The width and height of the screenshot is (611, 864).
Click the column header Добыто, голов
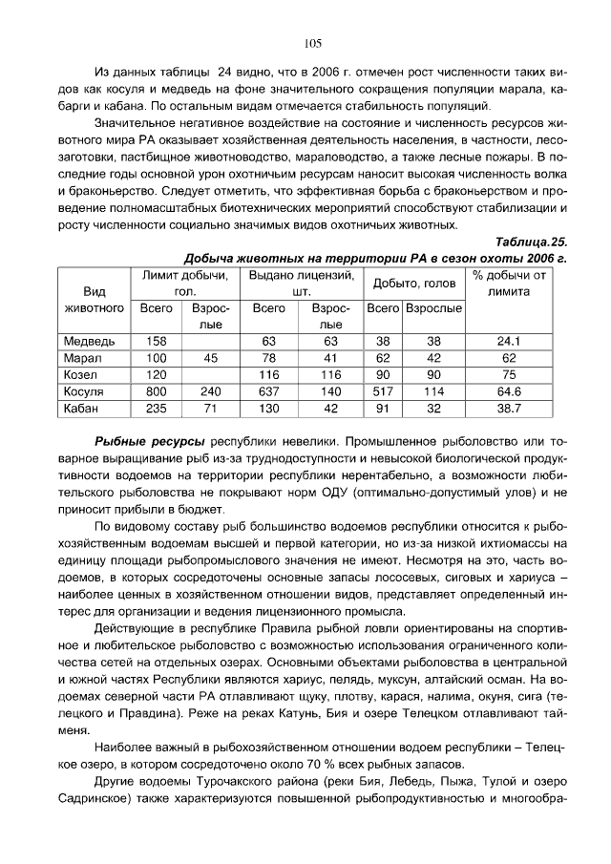coord(414,284)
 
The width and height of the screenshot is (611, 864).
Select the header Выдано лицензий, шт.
coord(301,284)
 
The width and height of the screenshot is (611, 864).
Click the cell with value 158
coord(156,341)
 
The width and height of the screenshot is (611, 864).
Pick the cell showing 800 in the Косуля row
coord(156,391)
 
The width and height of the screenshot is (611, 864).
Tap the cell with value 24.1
coord(509,341)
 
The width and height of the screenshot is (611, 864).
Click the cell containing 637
coord(268,391)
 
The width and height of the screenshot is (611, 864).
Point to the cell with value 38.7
coord(509,409)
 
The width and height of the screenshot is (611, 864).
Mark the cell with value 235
coord(156,409)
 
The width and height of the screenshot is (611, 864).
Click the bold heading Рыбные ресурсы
coord(149,443)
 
